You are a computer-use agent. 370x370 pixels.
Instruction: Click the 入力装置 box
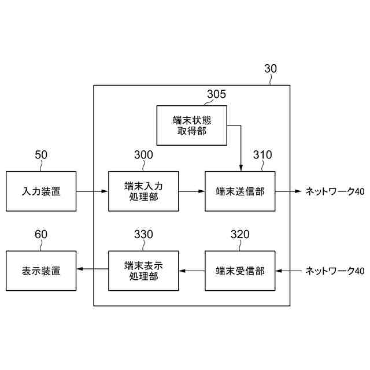pyautogui.click(x=41, y=191)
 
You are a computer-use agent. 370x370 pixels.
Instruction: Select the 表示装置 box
pyautogui.click(x=41, y=271)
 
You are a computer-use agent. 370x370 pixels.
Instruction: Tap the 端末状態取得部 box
pyautogui.click(x=191, y=125)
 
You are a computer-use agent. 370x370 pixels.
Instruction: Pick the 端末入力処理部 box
pyautogui.click(x=143, y=191)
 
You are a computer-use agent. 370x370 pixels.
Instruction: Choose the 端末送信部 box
pyautogui.click(x=240, y=191)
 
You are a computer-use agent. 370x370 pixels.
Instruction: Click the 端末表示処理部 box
pyautogui.click(x=143, y=271)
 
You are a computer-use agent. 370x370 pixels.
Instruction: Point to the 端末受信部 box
pyautogui.click(x=240, y=271)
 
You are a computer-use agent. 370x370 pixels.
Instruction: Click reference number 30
pyautogui.click(x=270, y=69)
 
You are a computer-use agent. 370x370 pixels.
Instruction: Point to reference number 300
pyautogui.click(x=143, y=155)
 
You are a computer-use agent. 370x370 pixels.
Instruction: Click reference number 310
pyautogui.click(x=262, y=155)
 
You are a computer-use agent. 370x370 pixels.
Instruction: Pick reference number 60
pyautogui.click(x=41, y=234)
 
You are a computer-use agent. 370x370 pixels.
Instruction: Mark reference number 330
pyautogui.click(x=143, y=234)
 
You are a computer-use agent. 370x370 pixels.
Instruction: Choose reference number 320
pyautogui.click(x=240, y=234)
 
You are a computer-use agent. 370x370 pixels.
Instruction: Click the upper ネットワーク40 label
pyautogui.click(x=335, y=191)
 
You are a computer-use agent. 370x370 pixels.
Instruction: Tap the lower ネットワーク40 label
pyautogui.click(x=335, y=271)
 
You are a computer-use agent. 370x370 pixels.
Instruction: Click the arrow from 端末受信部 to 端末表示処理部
pyautogui.click(x=191, y=271)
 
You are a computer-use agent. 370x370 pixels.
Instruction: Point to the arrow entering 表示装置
pyautogui.click(x=92, y=271)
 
